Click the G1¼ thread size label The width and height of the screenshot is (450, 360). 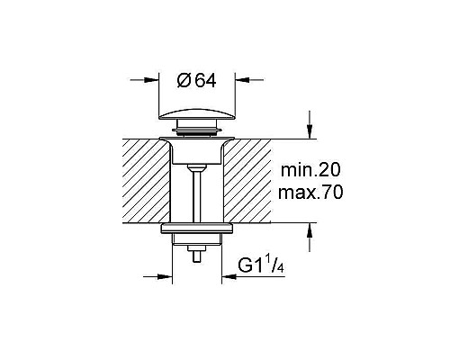(x=262, y=265)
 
